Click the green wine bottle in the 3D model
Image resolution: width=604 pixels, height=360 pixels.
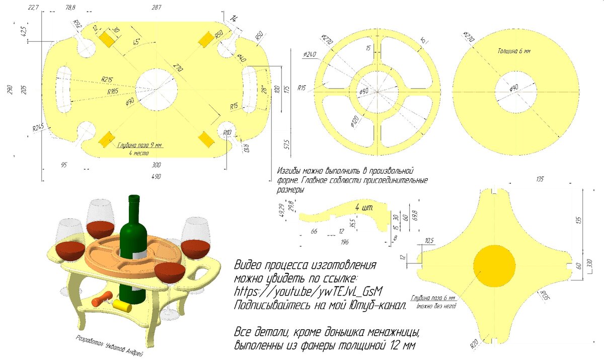pos(133,237)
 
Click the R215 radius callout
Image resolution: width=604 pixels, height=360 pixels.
pos(107,79)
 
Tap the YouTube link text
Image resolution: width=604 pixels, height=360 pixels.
pos(309,292)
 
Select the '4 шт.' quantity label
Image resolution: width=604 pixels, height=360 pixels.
pos(363,207)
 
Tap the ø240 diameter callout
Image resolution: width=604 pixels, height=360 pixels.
pos(310,54)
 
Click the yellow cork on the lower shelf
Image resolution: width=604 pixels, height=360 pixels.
pos(122,306)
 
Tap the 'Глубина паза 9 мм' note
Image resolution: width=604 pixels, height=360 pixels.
pos(140,146)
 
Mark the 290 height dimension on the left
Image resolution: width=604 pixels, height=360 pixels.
pos(9,90)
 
